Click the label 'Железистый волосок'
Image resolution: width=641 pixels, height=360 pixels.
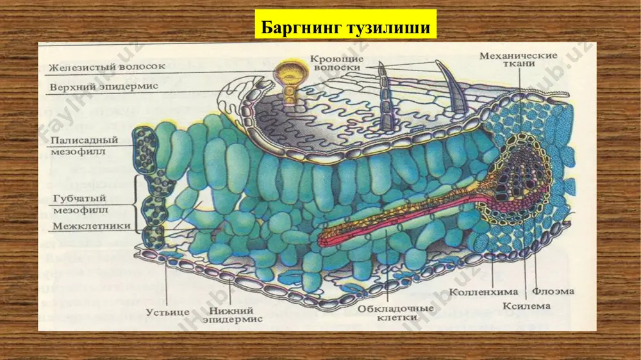pos(108,67)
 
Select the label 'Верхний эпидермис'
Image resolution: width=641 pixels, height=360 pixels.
pos(104,86)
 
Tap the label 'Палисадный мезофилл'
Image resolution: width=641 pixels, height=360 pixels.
pos(84,145)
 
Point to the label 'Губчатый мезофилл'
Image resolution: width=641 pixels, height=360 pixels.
pos(79,204)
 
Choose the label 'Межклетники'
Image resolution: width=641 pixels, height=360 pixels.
pos(91,226)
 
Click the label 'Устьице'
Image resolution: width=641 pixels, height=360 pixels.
pos(167,312)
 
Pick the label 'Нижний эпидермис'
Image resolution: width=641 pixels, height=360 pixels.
pos(232,315)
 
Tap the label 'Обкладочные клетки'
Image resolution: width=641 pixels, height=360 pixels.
pos(395,313)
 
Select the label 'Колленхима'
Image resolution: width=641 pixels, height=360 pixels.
pos(483,292)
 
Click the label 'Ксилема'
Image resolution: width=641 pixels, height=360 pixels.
pos(526,306)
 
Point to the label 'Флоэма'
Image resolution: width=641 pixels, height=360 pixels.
pos(553,291)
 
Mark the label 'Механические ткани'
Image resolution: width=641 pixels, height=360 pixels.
pos(519,59)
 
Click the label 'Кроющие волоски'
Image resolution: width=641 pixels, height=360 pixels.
pos(336,63)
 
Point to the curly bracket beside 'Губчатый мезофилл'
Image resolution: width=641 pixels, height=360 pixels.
pos(136,204)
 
